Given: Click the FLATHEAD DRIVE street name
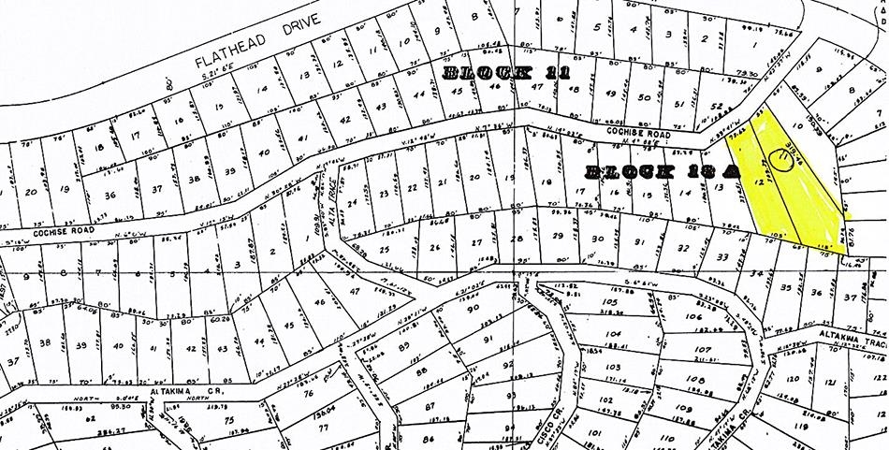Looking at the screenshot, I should click(255, 42).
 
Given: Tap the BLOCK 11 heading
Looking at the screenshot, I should click(505, 72).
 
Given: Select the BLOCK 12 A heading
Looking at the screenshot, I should click(661, 171).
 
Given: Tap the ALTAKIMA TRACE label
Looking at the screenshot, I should click(848, 343).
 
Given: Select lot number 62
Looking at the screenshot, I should click(92, 420).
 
